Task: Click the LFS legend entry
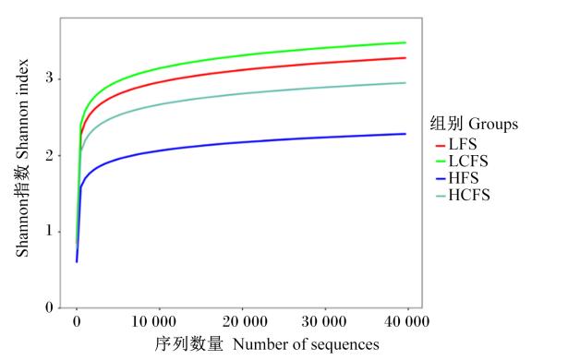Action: click(x=456, y=145)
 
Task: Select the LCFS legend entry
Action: click(x=462, y=162)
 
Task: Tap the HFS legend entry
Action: click(x=457, y=178)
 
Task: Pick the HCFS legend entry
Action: click(x=463, y=195)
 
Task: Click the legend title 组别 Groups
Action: click(x=474, y=124)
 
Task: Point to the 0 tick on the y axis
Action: click(x=49, y=307)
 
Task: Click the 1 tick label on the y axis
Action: click(x=49, y=231)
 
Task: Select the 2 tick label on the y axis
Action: click(x=49, y=155)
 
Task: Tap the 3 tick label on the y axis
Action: click(x=49, y=78)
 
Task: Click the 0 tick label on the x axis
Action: click(x=77, y=321)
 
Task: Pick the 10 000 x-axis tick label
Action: click(x=153, y=321)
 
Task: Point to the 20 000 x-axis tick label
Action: click(x=245, y=321)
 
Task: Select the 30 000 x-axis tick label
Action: click(x=324, y=321)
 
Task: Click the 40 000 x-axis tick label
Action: click(x=406, y=321)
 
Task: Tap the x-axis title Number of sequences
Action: click(x=306, y=344)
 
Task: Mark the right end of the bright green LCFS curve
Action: click(x=405, y=42)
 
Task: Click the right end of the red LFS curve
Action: click(x=405, y=58)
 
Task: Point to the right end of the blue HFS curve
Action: click(x=405, y=134)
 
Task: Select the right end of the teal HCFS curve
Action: click(x=405, y=83)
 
